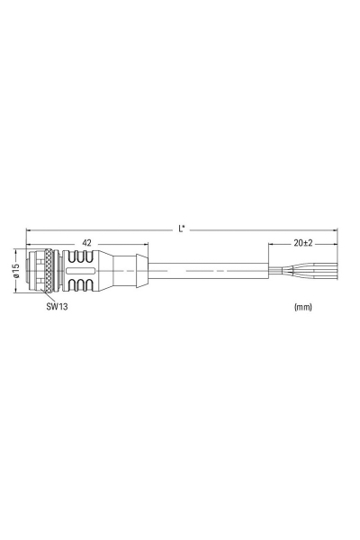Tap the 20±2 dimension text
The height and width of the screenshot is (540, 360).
pos(302,243)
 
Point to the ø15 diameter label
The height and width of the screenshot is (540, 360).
pos(15,269)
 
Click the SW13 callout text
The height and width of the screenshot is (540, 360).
pos(58,306)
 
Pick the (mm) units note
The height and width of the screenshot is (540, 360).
pos(302,307)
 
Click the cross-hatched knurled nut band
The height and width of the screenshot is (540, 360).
pos(47,269)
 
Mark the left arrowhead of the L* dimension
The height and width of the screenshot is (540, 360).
pos(29,229)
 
